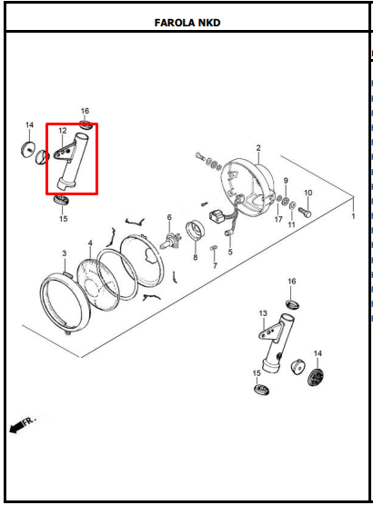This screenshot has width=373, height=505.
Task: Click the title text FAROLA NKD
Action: tap(187, 23)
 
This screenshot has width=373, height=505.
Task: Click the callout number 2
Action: tap(258, 148)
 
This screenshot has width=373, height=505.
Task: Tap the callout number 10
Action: tap(308, 193)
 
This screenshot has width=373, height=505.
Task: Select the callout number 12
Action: tap(63, 131)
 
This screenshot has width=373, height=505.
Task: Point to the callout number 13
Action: tap(263, 313)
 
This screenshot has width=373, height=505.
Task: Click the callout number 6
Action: tap(169, 218)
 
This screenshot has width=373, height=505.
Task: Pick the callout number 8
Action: tap(196, 257)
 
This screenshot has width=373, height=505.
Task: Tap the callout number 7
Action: tap(216, 266)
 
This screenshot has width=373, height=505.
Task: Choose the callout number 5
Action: tap(230, 252)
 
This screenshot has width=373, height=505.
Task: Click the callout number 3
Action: tap(65, 253)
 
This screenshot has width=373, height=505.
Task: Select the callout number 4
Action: tap(90, 243)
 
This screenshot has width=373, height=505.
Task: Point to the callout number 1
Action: tap(353, 216)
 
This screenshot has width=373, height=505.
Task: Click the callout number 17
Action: tap(278, 219)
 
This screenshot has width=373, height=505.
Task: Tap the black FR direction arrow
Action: tap(22, 424)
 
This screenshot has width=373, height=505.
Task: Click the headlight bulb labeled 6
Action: tap(170, 241)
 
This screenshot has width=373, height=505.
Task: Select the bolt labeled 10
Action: tap(305, 212)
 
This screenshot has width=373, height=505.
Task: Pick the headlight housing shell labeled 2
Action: tap(247, 187)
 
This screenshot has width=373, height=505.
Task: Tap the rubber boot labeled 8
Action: tap(196, 230)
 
